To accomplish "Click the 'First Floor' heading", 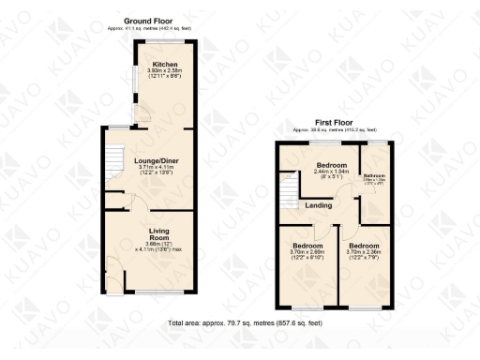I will tap(335, 122).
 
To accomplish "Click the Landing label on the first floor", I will tap(317, 206).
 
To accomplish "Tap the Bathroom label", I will tap(375, 176).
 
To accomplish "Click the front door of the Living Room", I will tap(112, 266).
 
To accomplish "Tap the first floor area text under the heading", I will tap(335, 129).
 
